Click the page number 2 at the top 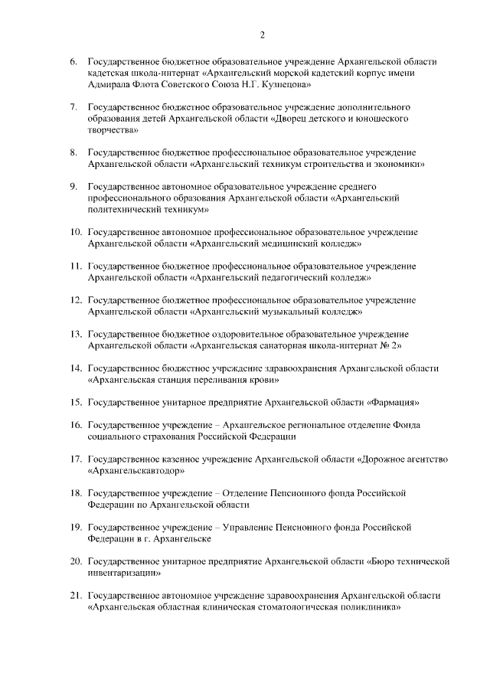pos(263,35)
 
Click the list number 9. pos(73,186)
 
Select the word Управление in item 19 pos(258,528)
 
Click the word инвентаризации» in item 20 pos(124,572)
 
